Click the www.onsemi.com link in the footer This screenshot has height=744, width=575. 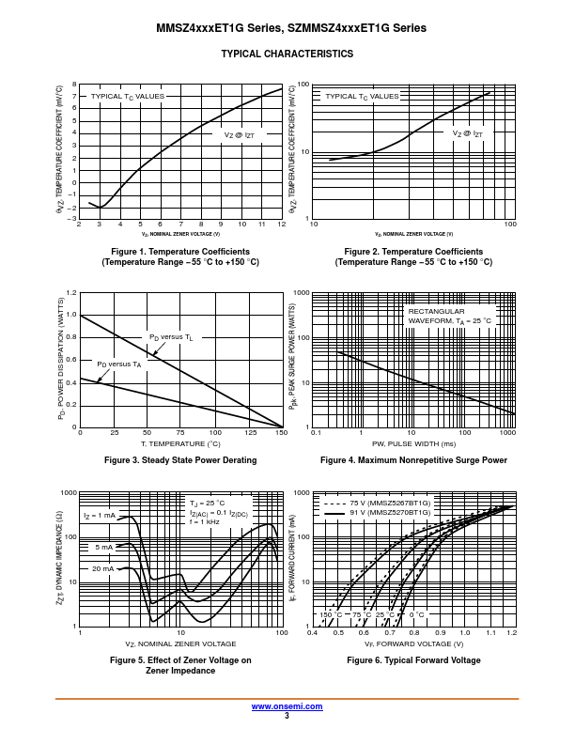(x=287, y=705)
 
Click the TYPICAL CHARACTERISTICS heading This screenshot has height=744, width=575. (x=287, y=54)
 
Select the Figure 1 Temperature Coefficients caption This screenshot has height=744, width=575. (x=180, y=252)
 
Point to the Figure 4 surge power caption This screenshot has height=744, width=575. (x=413, y=460)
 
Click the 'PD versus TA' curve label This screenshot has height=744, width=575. (x=119, y=364)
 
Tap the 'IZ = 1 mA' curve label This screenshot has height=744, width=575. (x=99, y=516)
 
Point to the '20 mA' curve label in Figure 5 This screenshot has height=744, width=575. (x=102, y=569)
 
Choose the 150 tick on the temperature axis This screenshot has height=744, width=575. (x=281, y=433)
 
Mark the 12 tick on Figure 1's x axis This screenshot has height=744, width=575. (x=281, y=225)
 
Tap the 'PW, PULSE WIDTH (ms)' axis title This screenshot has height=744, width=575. (x=413, y=443)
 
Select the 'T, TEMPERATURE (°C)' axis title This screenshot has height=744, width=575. (x=180, y=443)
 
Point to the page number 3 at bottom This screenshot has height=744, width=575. (x=287, y=716)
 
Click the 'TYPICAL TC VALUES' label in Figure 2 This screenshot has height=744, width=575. (x=362, y=96)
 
